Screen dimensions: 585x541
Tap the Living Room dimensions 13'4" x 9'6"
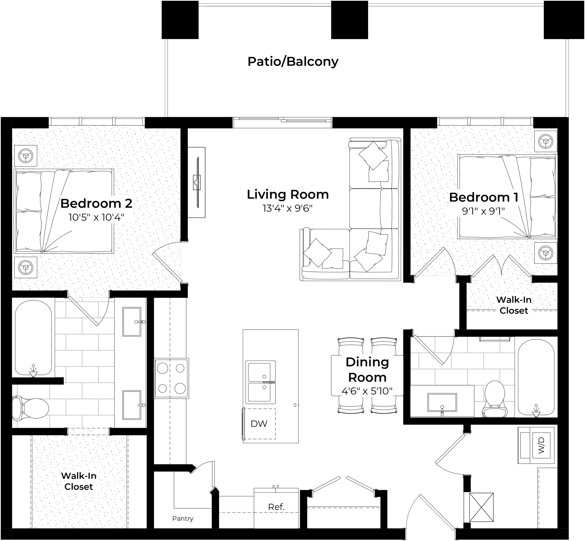point(288,209)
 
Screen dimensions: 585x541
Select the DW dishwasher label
point(259,424)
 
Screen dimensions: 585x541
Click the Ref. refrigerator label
point(276,507)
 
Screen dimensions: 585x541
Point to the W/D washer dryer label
point(541,445)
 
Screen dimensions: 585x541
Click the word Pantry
point(183,518)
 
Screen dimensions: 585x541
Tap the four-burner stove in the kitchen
point(172,378)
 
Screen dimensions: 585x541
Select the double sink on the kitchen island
point(260,382)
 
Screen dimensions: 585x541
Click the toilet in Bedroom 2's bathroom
point(30,408)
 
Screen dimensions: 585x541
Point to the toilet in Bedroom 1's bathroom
point(495,399)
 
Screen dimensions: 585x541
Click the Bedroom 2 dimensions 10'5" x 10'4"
point(96,217)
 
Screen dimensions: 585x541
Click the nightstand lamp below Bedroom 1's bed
point(546,253)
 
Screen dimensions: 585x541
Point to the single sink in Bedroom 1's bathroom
point(442,402)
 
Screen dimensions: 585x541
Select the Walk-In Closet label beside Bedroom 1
point(514,305)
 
